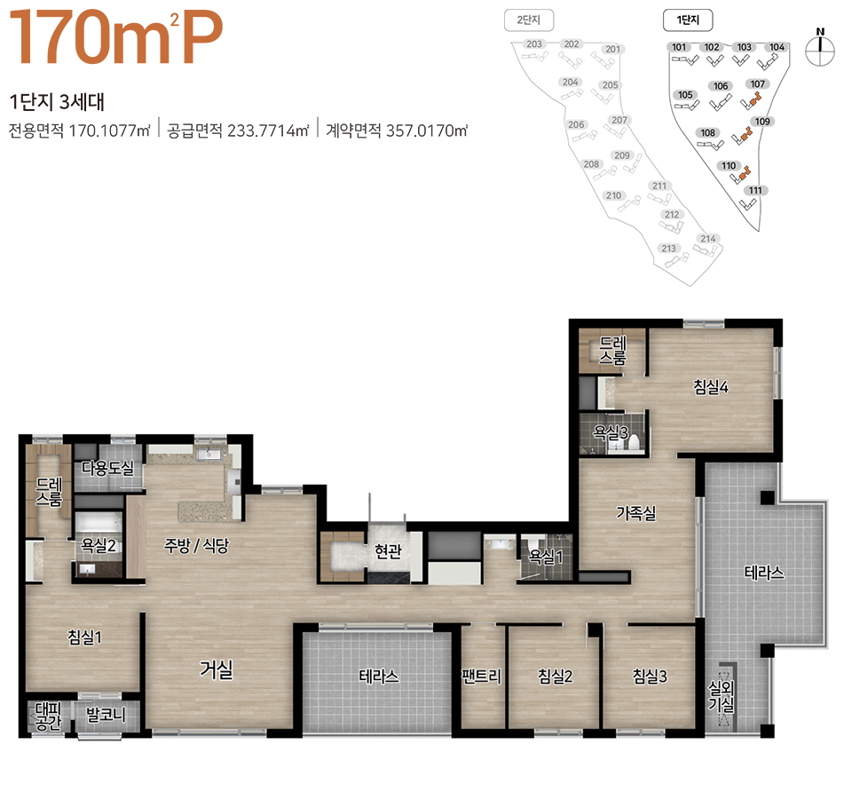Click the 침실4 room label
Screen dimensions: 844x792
pos(711,386)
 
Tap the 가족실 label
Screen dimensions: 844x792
pos(636,512)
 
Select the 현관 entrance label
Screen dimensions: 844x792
pos(388,550)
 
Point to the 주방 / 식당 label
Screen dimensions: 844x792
pos(196,545)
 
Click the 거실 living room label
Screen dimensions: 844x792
pos(217,669)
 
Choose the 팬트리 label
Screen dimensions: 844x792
pos(482,676)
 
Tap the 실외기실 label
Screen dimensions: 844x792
pos(721,696)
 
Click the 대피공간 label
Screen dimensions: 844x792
pos(49,716)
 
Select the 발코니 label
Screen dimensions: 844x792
pos(106,715)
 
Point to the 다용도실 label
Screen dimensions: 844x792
pos(107,468)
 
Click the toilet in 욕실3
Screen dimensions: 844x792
pos(634,442)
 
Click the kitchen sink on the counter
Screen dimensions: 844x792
pos(209,455)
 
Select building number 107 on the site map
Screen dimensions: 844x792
pos(757,84)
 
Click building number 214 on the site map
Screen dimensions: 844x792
pos(708,239)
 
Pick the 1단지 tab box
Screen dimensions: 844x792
pos(688,20)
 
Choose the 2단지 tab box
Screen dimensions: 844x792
pos(529,20)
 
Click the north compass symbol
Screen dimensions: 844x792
pos(820,49)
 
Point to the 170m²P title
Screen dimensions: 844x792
pos(115,36)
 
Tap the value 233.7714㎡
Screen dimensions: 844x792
pos(268,131)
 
